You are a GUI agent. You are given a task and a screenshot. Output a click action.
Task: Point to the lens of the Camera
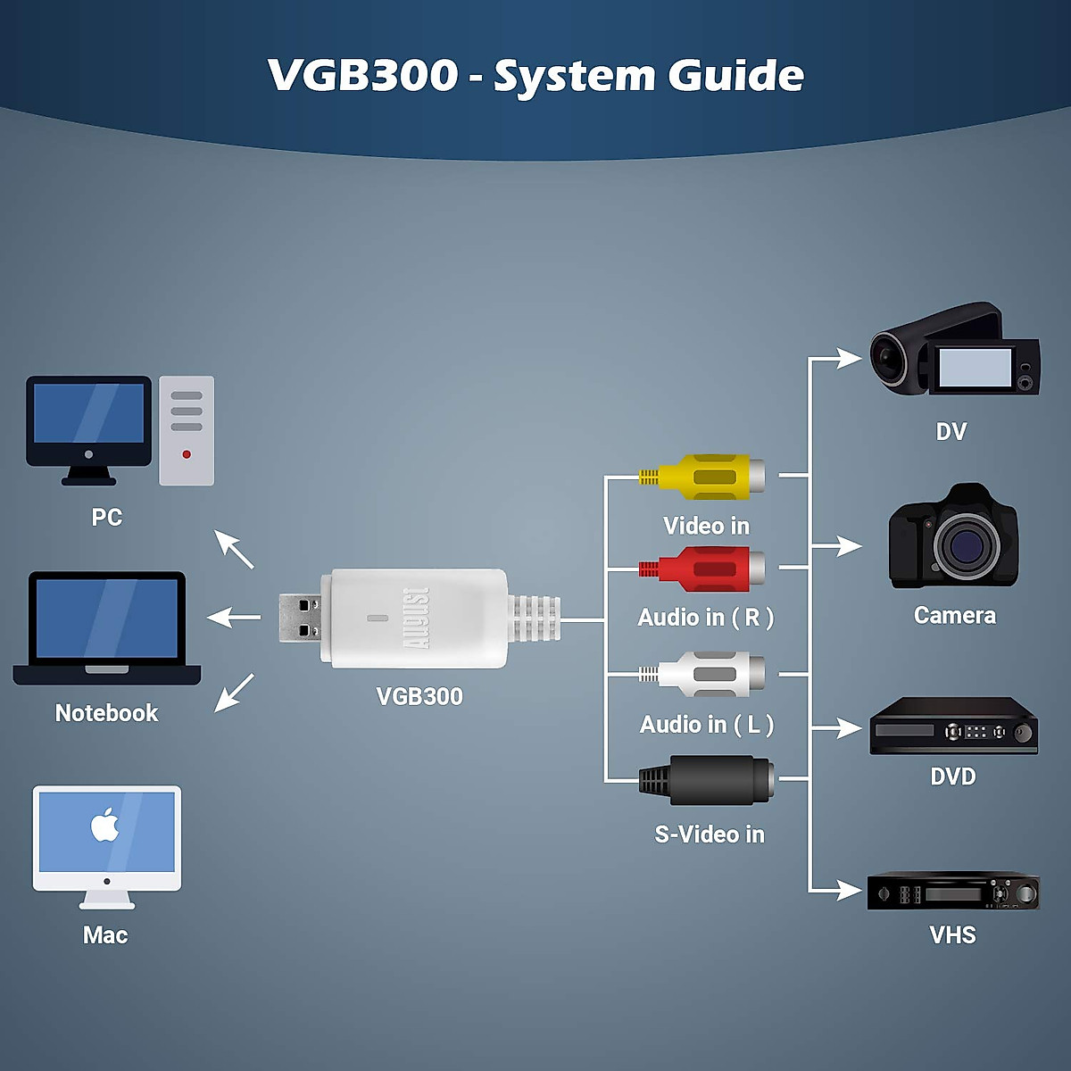tap(967, 544)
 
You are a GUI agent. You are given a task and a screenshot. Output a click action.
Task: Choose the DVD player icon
tap(953, 726)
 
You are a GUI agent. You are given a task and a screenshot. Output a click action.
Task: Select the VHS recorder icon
tap(952, 892)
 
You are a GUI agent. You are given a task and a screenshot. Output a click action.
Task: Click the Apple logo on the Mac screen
tap(105, 826)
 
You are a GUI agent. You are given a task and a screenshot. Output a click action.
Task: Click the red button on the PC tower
tap(187, 454)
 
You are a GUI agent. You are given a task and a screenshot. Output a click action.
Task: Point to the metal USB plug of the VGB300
tap(299, 618)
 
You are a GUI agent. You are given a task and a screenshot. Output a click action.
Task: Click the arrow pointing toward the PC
tap(234, 549)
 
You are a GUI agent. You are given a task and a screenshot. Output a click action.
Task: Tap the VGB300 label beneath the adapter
tap(419, 696)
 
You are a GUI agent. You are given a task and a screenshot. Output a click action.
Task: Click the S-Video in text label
tap(710, 834)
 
